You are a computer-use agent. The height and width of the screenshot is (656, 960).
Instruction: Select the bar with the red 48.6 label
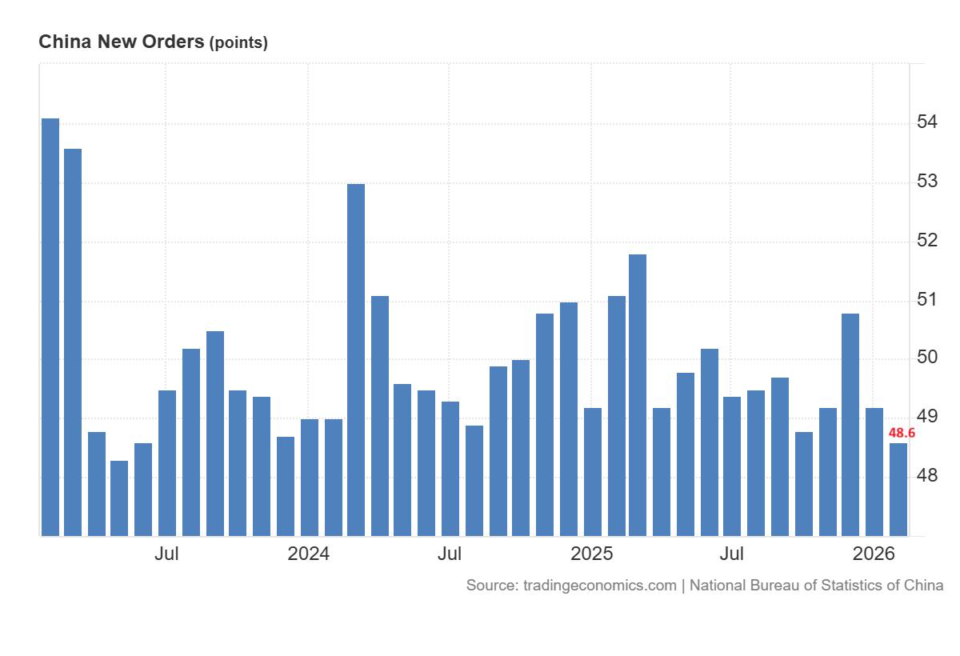point(898,489)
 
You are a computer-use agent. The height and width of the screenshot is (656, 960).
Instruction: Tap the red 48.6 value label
point(902,433)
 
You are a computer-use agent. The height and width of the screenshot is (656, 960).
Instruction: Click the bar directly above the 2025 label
point(592,471)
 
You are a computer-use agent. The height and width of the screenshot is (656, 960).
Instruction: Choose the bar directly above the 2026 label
point(874,471)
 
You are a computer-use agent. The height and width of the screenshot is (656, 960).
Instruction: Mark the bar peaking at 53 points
point(356,359)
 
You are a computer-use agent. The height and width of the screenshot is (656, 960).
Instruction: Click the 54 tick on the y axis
point(927,122)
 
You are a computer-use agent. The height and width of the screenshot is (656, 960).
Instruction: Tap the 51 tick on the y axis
point(927,300)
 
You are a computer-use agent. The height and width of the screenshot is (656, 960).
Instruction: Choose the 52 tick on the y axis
point(927,241)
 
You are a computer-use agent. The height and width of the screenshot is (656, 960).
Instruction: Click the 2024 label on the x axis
point(309,554)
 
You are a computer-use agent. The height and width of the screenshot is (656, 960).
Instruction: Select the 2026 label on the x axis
point(874,554)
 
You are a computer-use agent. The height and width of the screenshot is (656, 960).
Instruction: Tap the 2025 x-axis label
point(591,554)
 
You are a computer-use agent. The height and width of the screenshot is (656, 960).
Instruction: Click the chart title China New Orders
point(121,42)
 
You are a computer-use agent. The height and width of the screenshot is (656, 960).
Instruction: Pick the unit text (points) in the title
point(238,43)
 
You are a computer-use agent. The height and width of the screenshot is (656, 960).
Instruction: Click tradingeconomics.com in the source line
point(599,586)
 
